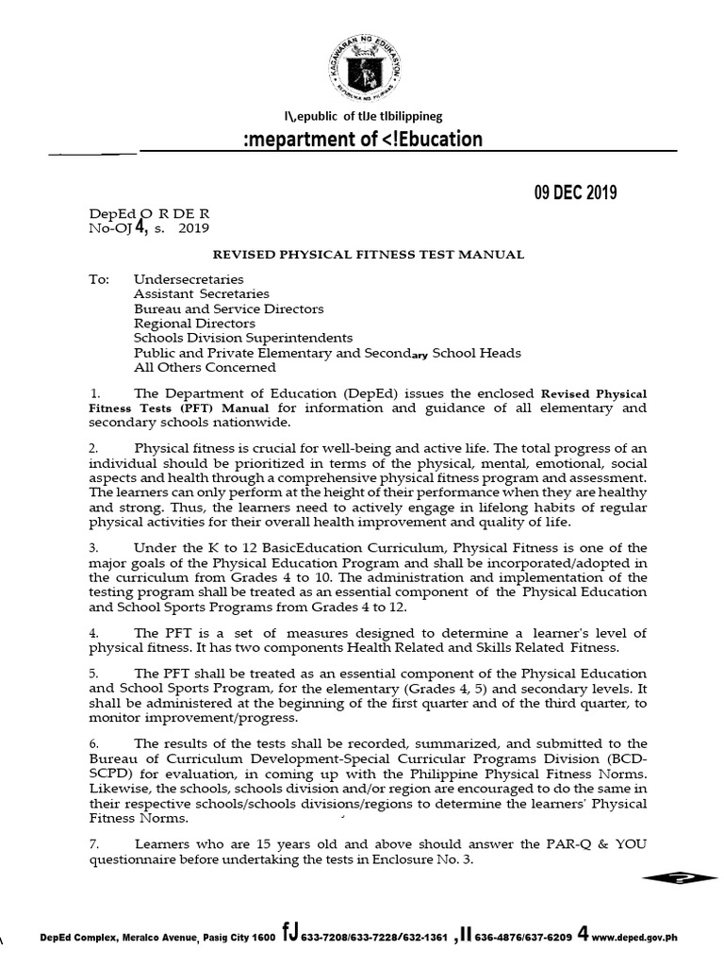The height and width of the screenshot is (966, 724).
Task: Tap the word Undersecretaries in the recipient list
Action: pyautogui.click(x=189, y=280)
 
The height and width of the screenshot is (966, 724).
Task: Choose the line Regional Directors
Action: pyautogui.click(x=194, y=324)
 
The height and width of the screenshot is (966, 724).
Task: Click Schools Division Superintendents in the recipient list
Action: pyautogui.click(x=243, y=338)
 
